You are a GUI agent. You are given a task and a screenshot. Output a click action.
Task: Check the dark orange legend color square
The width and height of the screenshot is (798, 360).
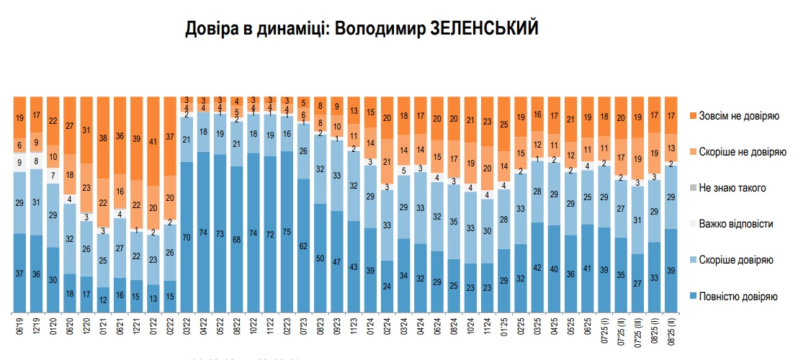coord(693,116)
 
